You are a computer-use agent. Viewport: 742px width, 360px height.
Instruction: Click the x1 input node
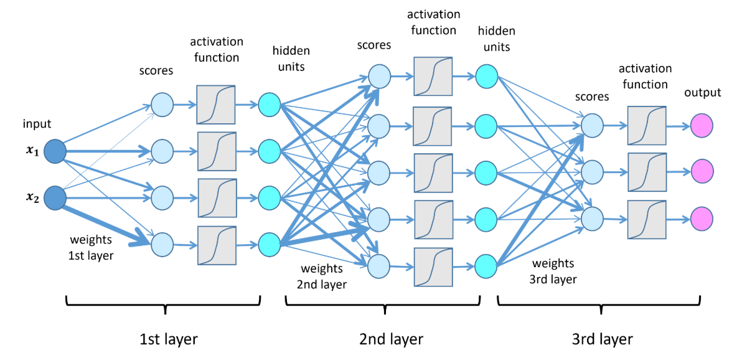(55, 151)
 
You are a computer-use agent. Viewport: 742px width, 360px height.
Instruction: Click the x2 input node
(55, 198)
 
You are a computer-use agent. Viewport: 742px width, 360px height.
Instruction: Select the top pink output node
(702, 126)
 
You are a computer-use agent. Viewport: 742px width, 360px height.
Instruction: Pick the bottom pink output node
(702, 219)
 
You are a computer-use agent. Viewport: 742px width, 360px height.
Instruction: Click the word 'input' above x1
(36, 124)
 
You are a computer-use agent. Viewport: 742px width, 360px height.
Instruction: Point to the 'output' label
(703, 93)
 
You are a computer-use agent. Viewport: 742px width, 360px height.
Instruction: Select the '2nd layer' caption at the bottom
(390, 339)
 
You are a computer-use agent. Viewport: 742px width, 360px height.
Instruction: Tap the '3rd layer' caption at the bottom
(601, 339)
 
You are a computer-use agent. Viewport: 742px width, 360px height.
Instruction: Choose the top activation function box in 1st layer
(216, 105)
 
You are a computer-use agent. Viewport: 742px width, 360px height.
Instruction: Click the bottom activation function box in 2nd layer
(433, 267)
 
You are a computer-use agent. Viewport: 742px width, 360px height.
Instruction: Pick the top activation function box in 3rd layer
(647, 125)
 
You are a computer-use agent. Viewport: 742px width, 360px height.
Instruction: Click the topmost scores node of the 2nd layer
(379, 76)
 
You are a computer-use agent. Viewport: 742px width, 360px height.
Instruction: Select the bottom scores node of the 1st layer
(162, 244)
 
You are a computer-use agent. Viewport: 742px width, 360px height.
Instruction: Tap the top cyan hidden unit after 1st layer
(270, 104)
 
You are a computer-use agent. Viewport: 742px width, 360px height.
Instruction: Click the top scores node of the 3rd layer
(592, 125)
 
